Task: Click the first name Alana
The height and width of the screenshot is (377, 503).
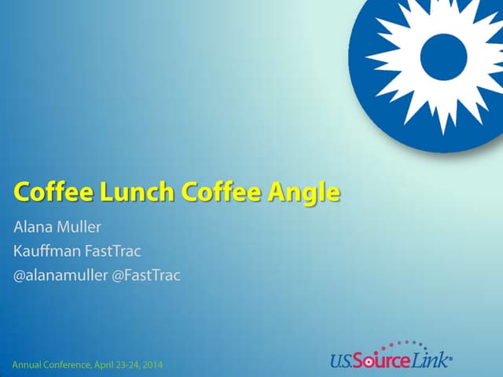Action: coord(35,229)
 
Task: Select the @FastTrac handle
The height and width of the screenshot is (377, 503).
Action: coord(146,276)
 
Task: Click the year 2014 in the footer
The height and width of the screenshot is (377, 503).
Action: coord(156,364)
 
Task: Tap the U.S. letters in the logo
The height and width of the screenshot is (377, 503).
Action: coord(342,361)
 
